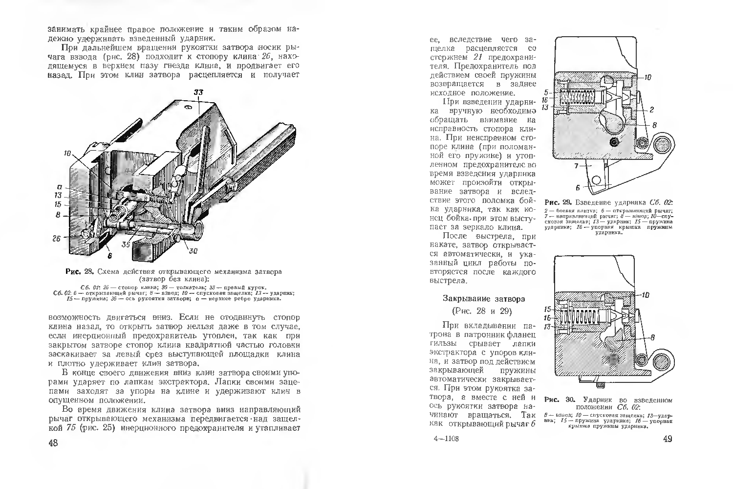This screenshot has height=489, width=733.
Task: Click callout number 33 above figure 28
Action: (198, 92)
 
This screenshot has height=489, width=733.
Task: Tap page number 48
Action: (53, 443)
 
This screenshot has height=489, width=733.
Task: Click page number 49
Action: (668, 439)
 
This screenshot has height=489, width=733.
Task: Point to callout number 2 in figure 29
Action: (652, 110)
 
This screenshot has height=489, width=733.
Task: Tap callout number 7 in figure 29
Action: (577, 166)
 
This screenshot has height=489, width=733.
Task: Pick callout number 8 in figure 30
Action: (652, 337)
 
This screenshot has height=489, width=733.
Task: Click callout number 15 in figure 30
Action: (548, 309)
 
